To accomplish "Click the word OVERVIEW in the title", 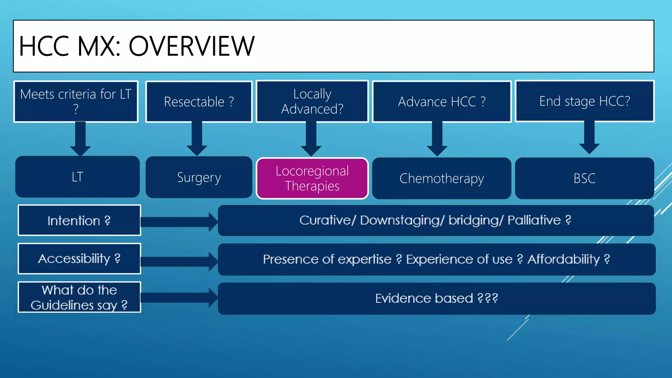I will click(191, 46).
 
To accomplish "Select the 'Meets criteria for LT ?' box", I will click(76, 101).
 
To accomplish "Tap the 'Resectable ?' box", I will click(199, 102).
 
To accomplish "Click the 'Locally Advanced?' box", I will click(312, 101).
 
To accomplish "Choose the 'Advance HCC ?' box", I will click(442, 102).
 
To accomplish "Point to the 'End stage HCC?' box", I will click(584, 101).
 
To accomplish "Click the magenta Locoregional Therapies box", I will click(312, 178).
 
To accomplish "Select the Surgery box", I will click(199, 177).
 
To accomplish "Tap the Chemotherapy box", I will click(442, 178).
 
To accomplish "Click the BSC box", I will click(584, 178).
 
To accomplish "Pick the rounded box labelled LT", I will click(77, 177).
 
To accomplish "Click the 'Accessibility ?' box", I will click(79, 259).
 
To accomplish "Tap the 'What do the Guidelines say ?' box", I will click(79, 297).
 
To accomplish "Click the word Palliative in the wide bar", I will click(534, 220).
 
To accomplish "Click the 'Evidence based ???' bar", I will click(436, 298).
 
